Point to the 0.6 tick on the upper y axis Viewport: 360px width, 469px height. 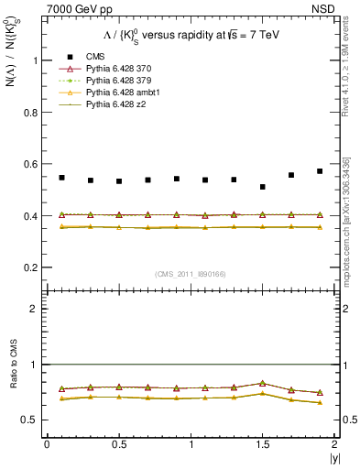pos(31,164)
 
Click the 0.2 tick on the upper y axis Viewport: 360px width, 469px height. pos(31,267)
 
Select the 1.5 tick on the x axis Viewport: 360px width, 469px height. pos(263,443)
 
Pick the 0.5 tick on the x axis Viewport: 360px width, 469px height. pos(118,443)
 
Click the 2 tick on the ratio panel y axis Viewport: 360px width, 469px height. pos(35,309)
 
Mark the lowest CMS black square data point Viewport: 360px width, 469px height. pos(263,187)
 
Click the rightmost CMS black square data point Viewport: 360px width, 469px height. pos(320,171)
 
